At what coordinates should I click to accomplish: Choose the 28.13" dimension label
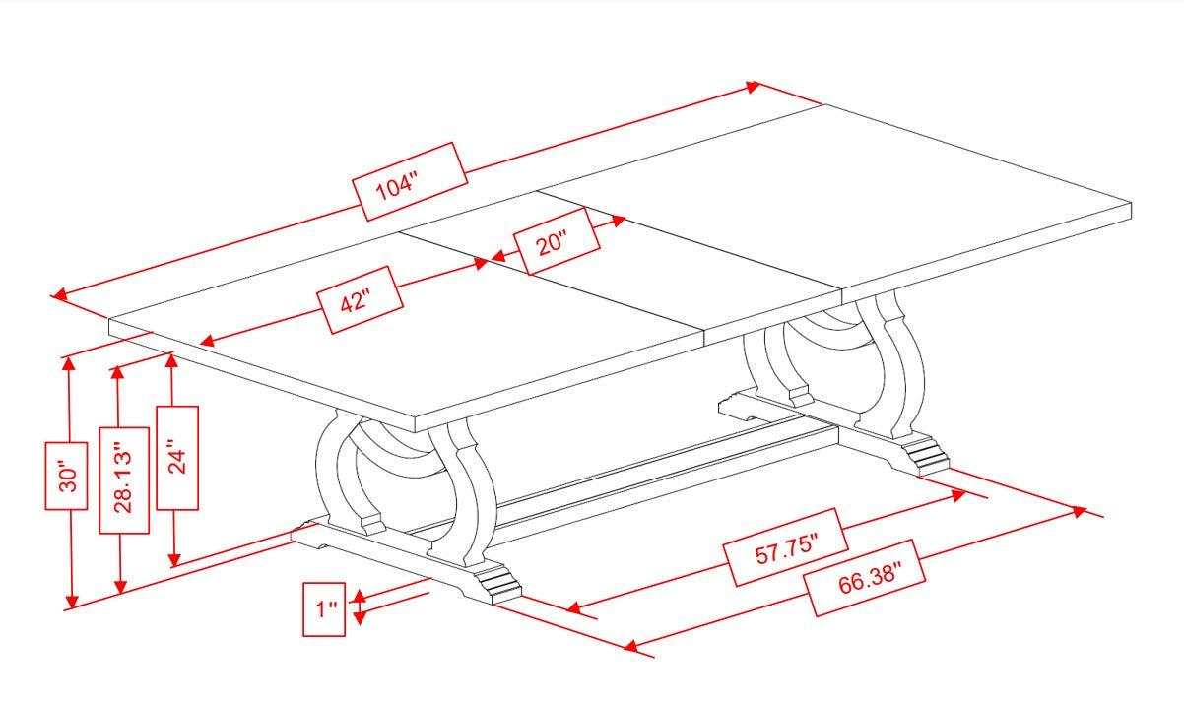(124, 479)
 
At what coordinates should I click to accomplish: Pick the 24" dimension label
(177, 458)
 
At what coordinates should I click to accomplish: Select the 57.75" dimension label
(786, 548)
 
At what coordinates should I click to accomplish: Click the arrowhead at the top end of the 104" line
(753, 87)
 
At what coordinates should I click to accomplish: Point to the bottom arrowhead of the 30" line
(71, 602)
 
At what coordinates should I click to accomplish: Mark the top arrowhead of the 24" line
(171, 360)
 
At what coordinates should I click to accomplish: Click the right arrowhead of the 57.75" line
(957, 495)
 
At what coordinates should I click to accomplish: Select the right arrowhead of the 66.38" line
(1079, 511)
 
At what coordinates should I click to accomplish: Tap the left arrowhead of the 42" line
(207, 341)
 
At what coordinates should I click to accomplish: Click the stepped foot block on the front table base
(496, 584)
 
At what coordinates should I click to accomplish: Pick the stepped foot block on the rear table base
(925, 454)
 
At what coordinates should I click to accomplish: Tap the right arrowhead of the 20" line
(619, 221)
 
